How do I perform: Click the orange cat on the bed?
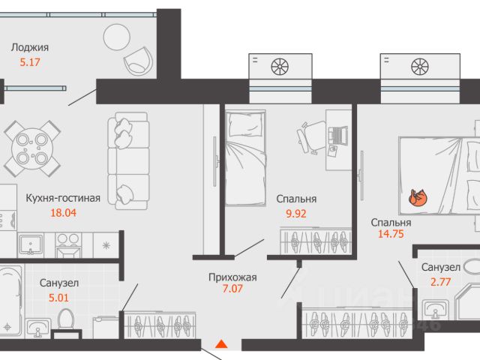click(x=418, y=198)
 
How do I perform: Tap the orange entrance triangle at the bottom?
click(x=221, y=344)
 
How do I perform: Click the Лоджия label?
click(x=30, y=48)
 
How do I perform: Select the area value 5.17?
click(x=30, y=62)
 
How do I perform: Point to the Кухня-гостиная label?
click(x=63, y=198)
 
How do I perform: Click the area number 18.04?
click(x=63, y=213)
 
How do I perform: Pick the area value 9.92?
click(x=296, y=214)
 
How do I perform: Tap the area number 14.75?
click(x=391, y=234)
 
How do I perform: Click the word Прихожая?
click(x=232, y=277)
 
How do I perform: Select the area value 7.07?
click(x=232, y=289)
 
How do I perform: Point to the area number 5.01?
click(x=58, y=298)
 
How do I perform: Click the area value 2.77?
click(x=440, y=282)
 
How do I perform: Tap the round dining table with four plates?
click(x=32, y=148)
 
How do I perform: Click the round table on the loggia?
click(x=117, y=37)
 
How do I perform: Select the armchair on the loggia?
click(x=138, y=61)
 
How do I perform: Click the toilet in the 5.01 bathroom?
click(x=66, y=320)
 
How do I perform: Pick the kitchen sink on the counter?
click(x=30, y=244)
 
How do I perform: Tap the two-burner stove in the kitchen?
click(x=68, y=245)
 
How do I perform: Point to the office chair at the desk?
click(x=310, y=136)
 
